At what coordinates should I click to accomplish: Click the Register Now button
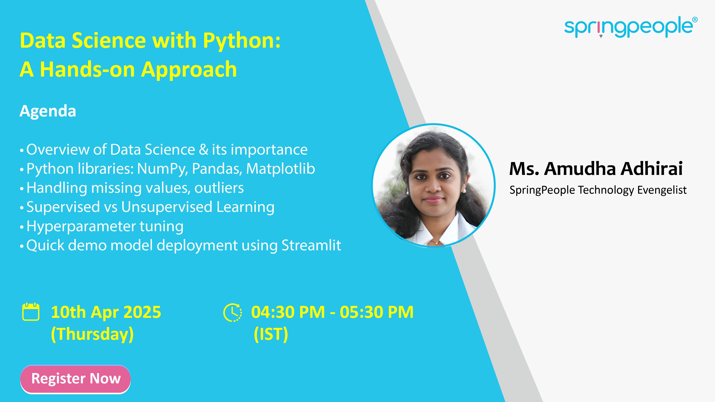click(75, 379)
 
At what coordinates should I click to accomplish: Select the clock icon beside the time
click(233, 312)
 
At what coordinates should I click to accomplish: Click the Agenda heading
click(48, 111)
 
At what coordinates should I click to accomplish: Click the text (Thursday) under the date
click(92, 334)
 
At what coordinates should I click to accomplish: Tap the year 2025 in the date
click(142, 312)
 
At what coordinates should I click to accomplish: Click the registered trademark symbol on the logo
click(695, 19)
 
